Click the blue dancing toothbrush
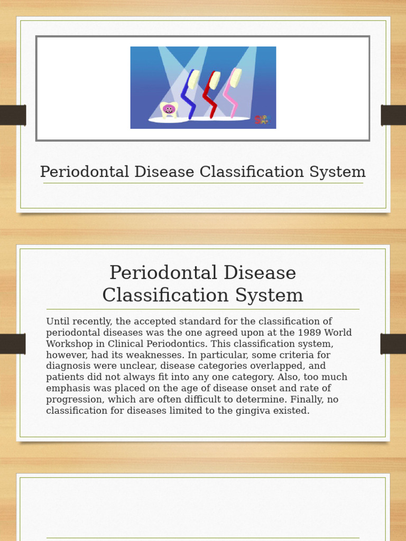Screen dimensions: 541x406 pos(188,95)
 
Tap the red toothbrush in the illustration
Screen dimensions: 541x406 pos(210,95)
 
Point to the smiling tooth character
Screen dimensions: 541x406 pos(169,109)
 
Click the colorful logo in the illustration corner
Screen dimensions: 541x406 pos(262,120)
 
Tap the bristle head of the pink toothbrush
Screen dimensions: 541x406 pos(236,78)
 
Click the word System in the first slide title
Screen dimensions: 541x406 pos(339,172)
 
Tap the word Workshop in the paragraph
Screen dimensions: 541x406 pos(68,344)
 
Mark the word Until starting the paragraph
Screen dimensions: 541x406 pos(57,322)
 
